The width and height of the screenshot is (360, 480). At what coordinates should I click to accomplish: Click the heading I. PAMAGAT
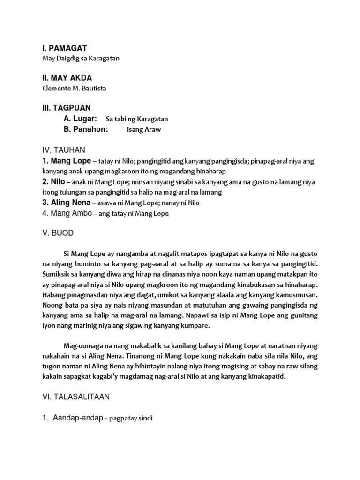click(x=64, y=48)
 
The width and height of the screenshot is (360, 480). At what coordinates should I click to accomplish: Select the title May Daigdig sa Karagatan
click(x=78, y=59)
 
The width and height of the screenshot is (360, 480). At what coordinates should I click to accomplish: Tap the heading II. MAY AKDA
click(x=67, y=77)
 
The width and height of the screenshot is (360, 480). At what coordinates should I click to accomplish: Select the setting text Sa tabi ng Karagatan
click(x=137, y=119)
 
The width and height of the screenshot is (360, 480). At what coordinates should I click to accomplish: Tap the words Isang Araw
click(x=143, y=130)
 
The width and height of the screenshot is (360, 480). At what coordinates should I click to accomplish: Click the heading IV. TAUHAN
click(x=63, y=150)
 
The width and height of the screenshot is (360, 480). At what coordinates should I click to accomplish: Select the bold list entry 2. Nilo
click(x=53, y=182)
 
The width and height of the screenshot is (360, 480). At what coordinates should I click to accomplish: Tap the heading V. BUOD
click(x=58, y=233)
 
